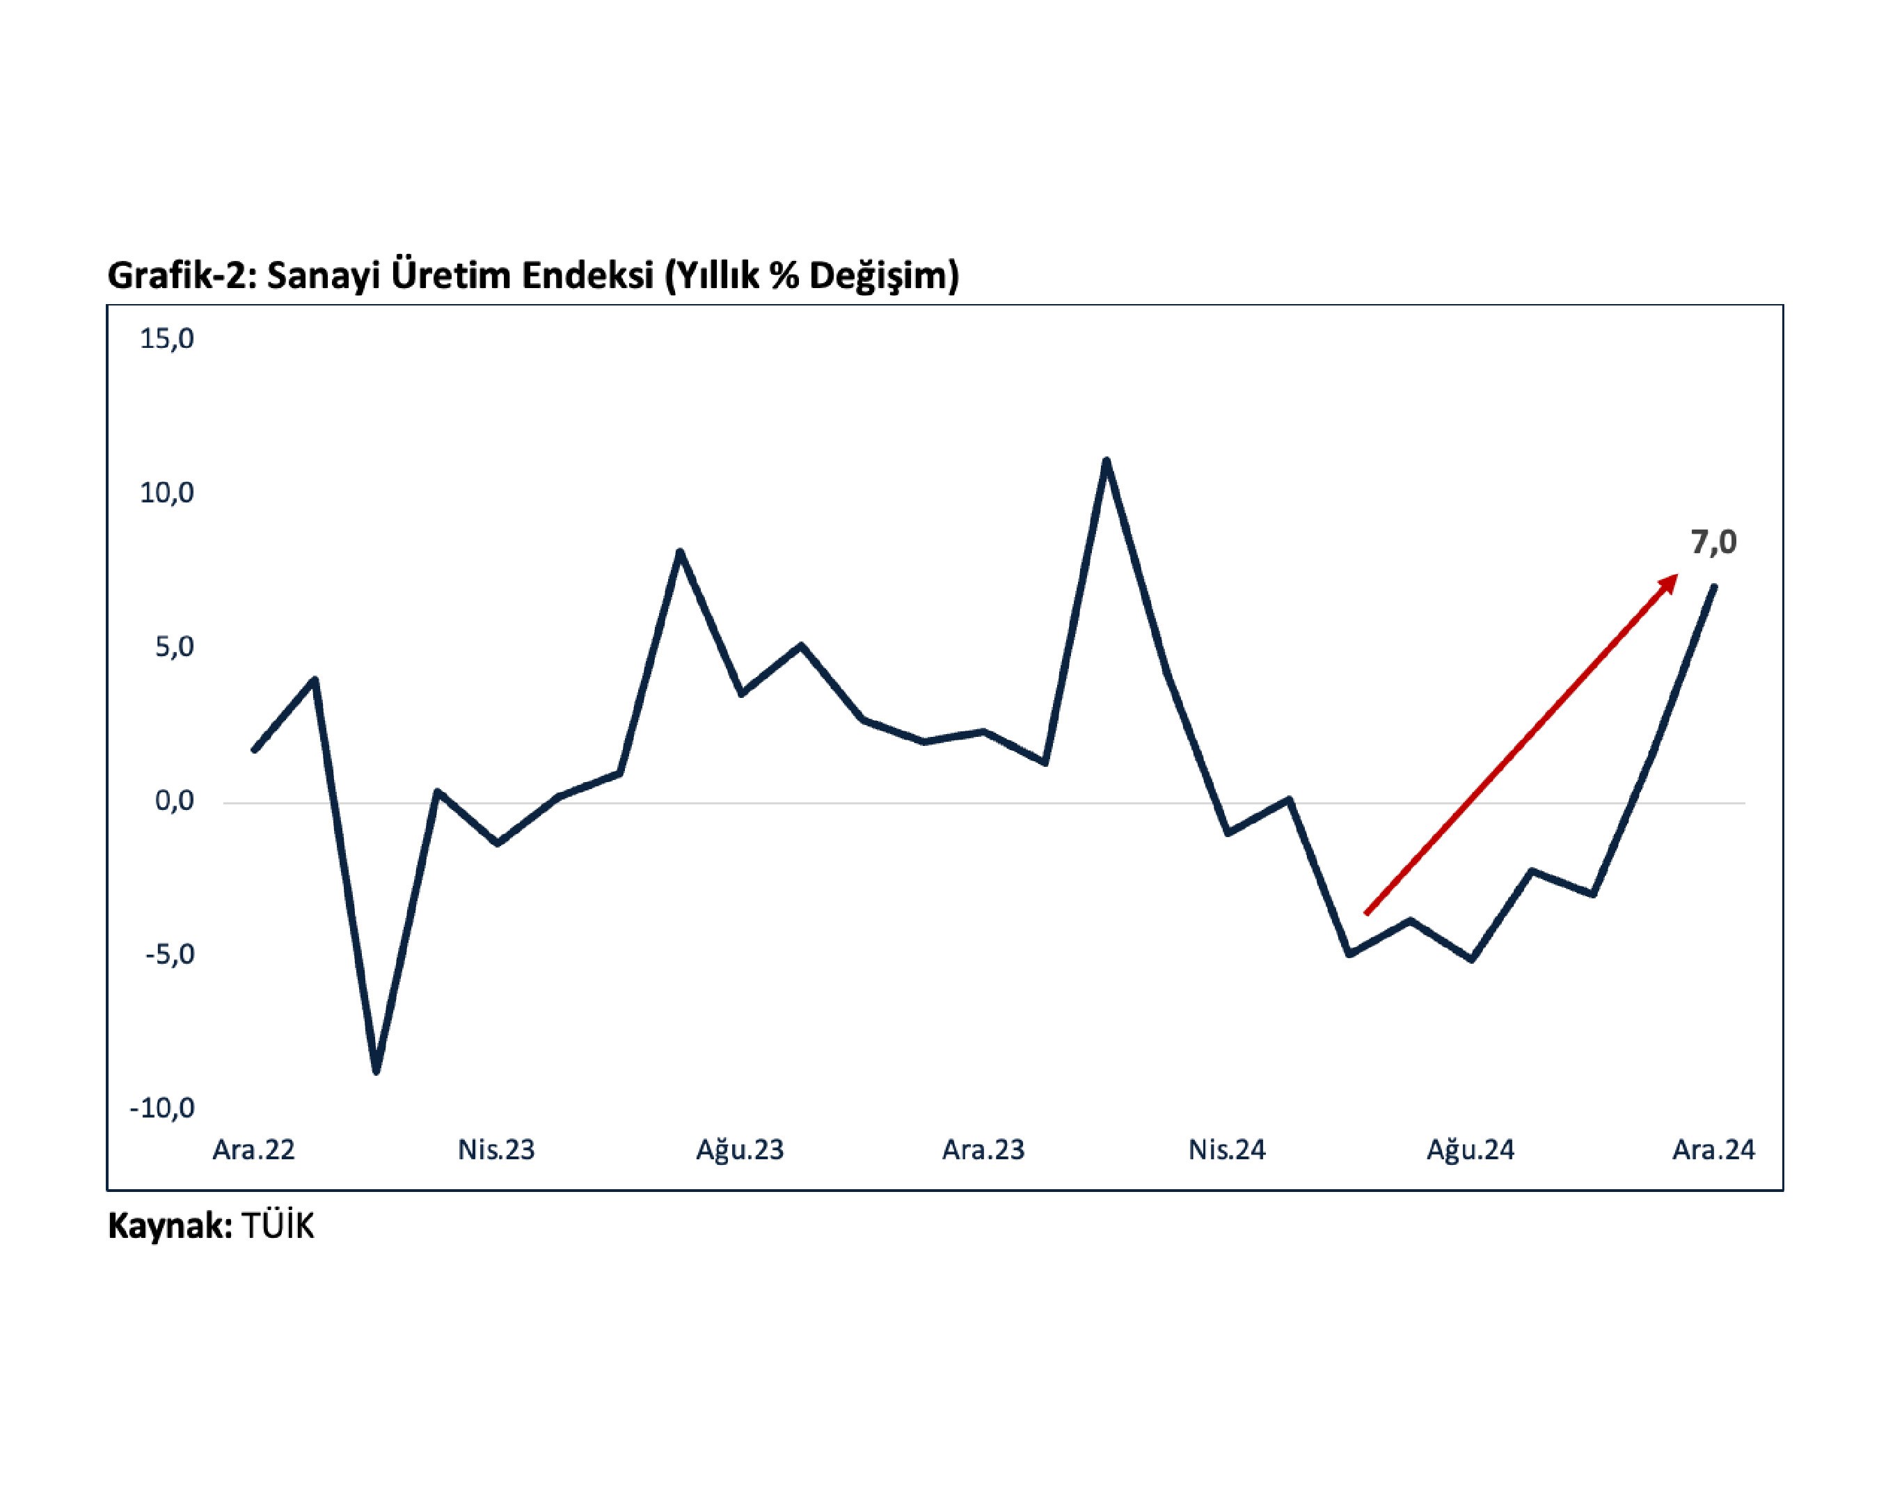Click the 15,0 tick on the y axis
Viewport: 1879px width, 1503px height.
tap(166, 339)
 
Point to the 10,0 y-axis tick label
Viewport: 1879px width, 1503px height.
tap(166, 493)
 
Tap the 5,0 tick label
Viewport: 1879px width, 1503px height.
tap(174, 647)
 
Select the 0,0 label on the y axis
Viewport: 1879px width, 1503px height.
tap(174, 801)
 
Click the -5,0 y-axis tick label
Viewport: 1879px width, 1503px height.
tap(170, 954)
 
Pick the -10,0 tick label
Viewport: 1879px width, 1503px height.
tap(162, 1108)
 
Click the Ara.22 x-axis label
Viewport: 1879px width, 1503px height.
tap(253, 1150)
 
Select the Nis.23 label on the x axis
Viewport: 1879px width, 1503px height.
tap(496, 1150)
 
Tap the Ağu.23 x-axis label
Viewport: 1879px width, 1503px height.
tap(740, 1150)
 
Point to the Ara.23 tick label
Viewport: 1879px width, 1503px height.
tap(983, 1150)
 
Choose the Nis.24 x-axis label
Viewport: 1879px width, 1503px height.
tap(1226, 1150)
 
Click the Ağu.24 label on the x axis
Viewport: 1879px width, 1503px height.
tap(1470, 1150)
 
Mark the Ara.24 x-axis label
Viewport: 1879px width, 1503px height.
tap(1713, 1150)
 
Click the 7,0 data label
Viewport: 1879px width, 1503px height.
tap(1713, 543)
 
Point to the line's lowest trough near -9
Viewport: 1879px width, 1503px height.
tap(376, 1071)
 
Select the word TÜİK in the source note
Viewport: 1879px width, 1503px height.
tap(277, 1226)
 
